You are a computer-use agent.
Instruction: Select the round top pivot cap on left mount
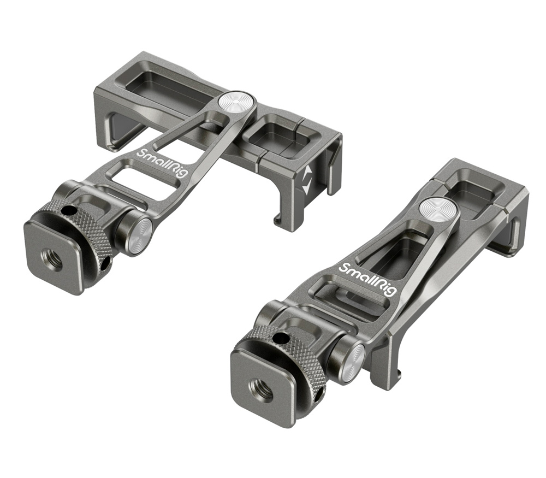[235, 102]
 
